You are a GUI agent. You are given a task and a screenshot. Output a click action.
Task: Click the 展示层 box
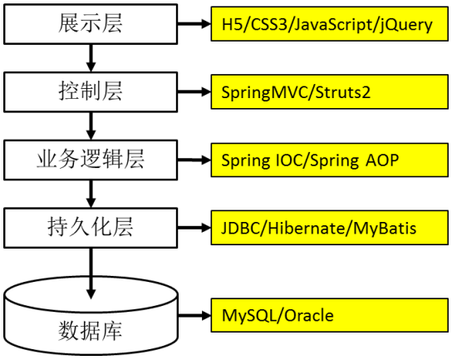coord(91,24)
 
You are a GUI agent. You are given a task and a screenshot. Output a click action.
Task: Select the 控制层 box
coord(91,92)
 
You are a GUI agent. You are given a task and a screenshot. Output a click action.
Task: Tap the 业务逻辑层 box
coord(91,160)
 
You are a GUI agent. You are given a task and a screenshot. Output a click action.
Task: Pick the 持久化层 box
coord(91,228)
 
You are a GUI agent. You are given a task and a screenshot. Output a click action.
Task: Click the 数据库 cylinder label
coord(91,331)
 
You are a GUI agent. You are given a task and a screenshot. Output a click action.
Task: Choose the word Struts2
coord(343,92)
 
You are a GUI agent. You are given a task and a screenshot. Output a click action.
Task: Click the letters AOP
coord(382,160)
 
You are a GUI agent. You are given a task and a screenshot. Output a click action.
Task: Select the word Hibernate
coord(306,228)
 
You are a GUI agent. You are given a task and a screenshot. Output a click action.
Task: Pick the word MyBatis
coord(385,229)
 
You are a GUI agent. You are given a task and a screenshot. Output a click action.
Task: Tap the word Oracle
coord(309,315)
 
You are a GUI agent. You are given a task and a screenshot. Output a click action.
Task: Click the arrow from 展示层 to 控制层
coord(91,58)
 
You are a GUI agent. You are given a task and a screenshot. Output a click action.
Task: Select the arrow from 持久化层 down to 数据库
coord(91,274)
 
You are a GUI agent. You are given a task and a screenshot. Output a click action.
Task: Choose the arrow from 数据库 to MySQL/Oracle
coord(195,315)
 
